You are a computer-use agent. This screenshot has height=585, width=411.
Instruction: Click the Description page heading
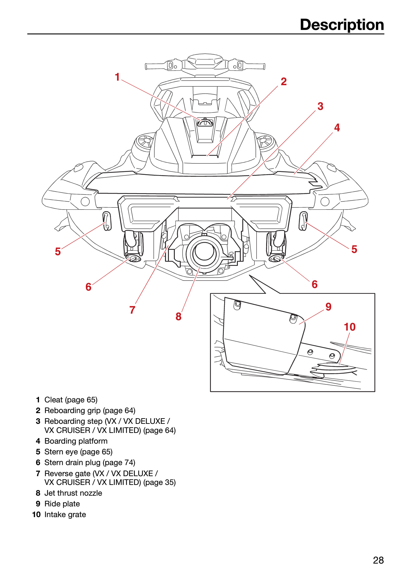click(x=342, y=25)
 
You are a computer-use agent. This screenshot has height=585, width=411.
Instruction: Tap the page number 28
click(x=379, y=560)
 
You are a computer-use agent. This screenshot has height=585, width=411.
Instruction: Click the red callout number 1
click(x=117, y=77)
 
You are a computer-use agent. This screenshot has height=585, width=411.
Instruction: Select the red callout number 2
click(x=284, y=82)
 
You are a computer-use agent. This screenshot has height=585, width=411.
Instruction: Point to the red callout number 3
click(x=320, y=106)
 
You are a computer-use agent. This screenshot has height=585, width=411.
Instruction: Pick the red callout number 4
click(x=337, y=128)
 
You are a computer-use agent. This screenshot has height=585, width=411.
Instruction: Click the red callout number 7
click(x=132, y=310)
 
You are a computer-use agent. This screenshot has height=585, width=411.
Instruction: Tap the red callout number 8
click(x=178, y=316)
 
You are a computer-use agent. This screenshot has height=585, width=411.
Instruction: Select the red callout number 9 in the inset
click(x=328, y=307)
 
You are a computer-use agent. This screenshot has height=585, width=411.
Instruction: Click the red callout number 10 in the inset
click(x=350, y=327)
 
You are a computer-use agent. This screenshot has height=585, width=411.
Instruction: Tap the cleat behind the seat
click(x=205, y=122)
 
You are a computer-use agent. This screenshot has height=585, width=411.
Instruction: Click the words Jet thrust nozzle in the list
click(x=73, y=493)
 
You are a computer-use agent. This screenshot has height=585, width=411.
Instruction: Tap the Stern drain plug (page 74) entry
click(x=85, y=462)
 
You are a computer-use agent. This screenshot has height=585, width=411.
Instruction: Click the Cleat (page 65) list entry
click(x=67, y=400)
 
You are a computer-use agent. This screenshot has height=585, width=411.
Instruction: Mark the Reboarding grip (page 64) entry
click(x=85, y=410)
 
